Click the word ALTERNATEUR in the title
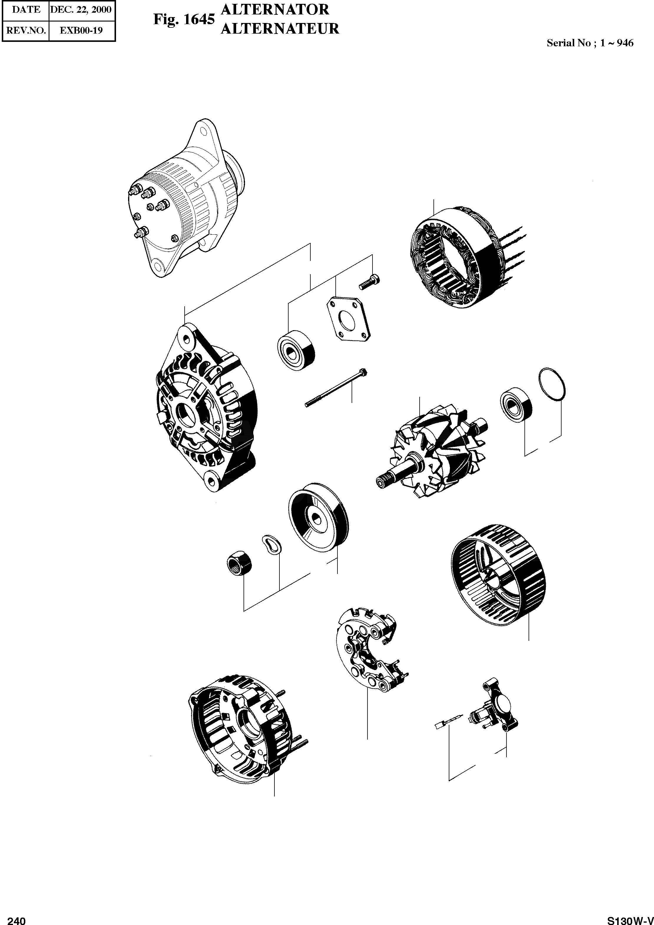click(x=280, y=29)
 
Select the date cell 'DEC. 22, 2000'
click(x=81, y=10)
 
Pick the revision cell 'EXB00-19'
click(x=81, y=30)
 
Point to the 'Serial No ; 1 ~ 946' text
click(x=590, y=43)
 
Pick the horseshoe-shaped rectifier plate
click(x=368, y=650)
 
